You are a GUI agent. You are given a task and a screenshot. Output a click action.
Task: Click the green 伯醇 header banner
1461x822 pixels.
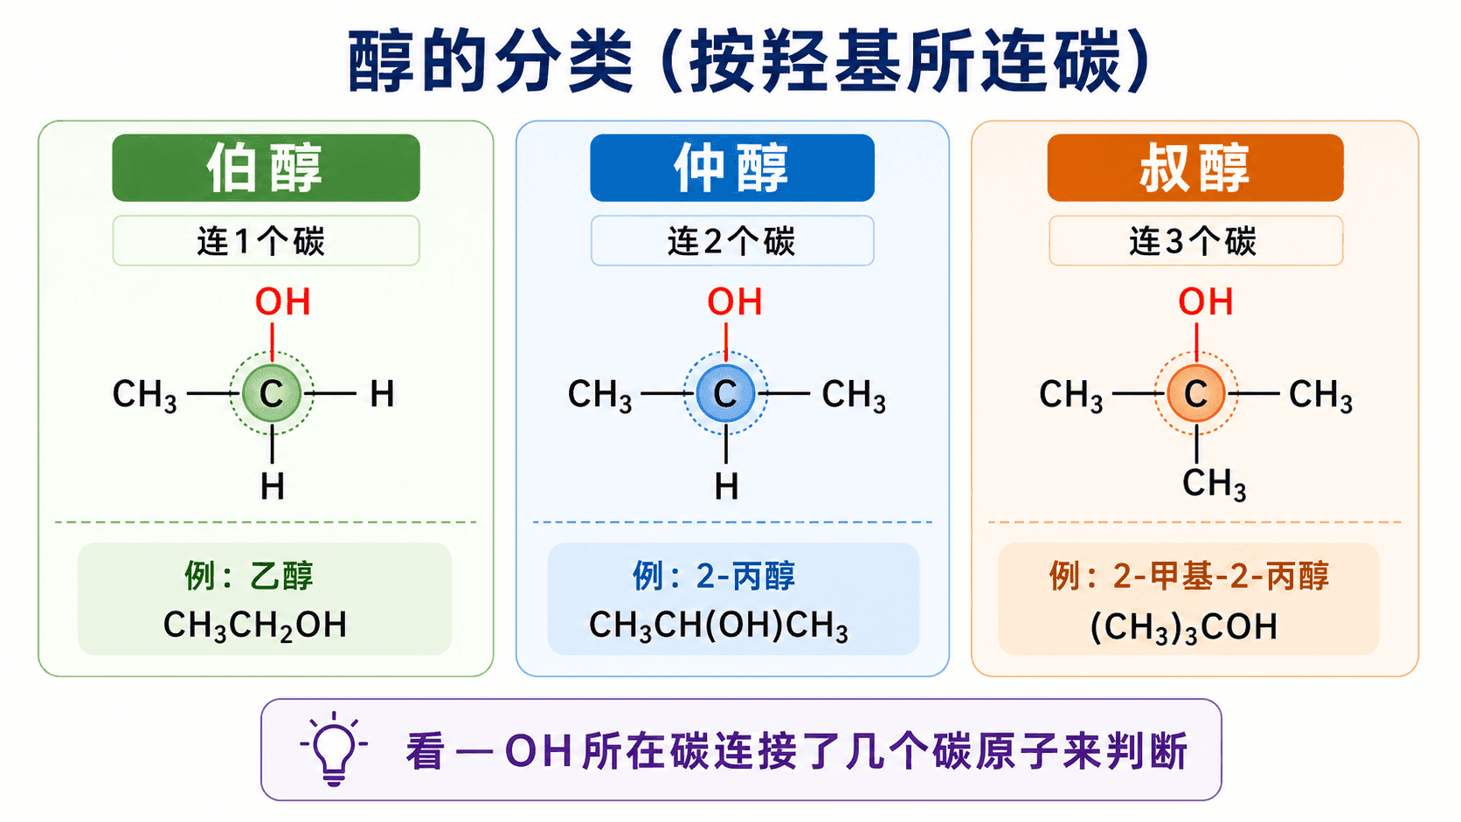click(x=267, y=168)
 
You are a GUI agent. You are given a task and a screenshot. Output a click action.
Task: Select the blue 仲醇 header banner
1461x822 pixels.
click(x=731, y=168)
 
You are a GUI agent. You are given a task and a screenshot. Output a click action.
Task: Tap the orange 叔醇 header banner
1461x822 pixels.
click(x=1194, y=168)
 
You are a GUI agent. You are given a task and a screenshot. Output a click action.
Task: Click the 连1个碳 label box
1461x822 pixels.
click(x=267, y=240)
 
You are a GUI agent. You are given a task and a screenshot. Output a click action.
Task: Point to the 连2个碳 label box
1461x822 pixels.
click(x=731, y=240)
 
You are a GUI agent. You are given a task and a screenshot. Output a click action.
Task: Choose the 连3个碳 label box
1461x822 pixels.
click(x=1195, y=240)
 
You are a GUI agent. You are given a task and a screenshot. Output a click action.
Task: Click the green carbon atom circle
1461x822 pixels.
click(x=272, y=394)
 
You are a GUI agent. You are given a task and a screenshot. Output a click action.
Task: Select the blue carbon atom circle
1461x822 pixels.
click(x=726, y=394)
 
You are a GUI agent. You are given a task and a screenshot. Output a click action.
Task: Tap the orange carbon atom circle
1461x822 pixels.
click(x=1196, y=394)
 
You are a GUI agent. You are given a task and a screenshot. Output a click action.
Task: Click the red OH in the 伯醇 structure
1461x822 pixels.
click(x=282, y=302)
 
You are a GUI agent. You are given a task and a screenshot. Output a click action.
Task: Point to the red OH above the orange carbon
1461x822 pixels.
click(x=1205, y=302)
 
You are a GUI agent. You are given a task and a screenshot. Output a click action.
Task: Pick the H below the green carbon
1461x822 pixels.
click(x=272, y=487)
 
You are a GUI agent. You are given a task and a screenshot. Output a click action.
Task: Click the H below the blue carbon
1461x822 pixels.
click(x=726, y=487)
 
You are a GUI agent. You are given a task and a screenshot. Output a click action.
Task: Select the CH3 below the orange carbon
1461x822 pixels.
click(x=1214, y=484)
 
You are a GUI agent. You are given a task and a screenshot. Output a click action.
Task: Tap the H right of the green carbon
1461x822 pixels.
click(x=382, y=394)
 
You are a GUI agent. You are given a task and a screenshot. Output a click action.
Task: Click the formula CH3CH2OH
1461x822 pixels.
click(x=254, y=625)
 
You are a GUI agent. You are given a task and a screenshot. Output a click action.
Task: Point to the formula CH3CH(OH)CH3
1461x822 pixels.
click(x=718, y=625)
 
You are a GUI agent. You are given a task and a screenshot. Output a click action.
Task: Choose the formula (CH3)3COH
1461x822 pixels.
click(x=1183, y=627)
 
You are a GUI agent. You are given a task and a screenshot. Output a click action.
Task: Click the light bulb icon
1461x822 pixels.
click(x=334, y=749)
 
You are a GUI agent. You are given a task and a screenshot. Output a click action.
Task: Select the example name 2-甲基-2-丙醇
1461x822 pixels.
click(x=1188, y=577)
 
